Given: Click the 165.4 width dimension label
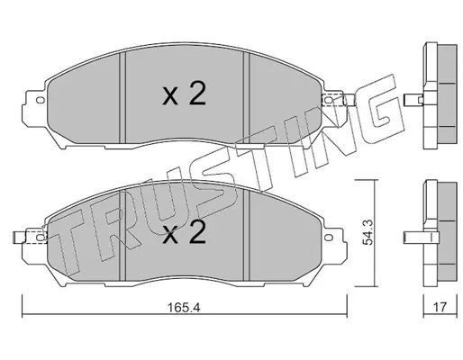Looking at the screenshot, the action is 184,307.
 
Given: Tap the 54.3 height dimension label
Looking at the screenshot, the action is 368,232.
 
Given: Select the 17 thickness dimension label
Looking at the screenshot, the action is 440,307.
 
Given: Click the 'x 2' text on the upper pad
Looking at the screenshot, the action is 184,94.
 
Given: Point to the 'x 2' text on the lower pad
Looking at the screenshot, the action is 184,232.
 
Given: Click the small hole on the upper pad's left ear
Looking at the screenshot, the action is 40,100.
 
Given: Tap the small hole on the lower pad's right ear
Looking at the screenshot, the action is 330,238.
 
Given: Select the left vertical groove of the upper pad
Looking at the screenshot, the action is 123,98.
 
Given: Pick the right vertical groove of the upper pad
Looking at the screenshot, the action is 246,98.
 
